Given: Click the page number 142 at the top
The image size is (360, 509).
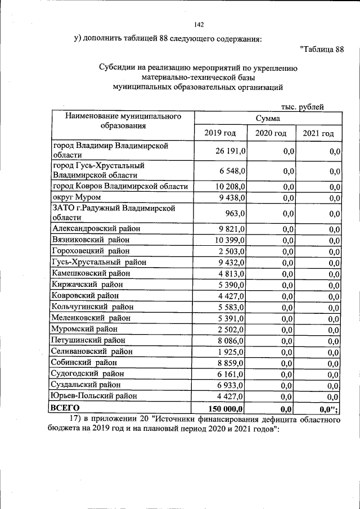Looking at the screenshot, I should pyautogui.click(x=198, y=25).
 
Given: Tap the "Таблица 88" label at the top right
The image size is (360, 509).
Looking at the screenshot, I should pyautogui.click(x=321, y=49).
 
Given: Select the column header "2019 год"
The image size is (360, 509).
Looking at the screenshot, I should pyautogui.click(x=221, y=133).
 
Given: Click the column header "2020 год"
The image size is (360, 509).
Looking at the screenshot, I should pyautogui.click(x=271, y=133).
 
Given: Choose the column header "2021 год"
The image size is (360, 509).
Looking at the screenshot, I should pyautogui.click(x=318, y=133).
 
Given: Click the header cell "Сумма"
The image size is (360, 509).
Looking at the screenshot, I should pyautogui.click(x=268, y=119).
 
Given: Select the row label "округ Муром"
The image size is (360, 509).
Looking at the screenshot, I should pyautogui.click(x=80, y=197).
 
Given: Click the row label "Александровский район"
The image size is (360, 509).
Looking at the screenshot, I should pyautogui.click(x=96, y=228).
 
